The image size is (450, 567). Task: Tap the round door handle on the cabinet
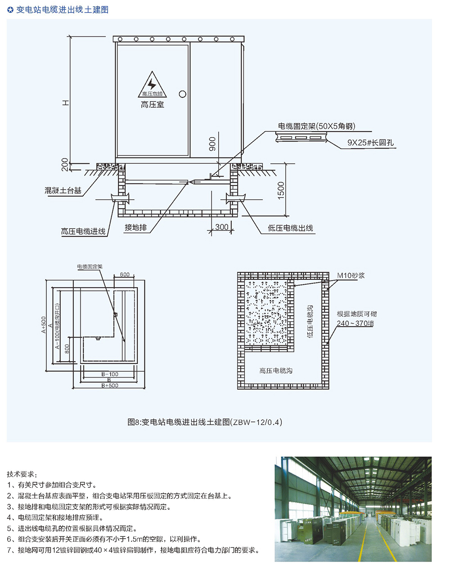182,94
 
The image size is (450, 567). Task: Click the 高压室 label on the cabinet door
152,105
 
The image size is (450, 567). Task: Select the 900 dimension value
212,144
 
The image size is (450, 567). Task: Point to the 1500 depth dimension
281,190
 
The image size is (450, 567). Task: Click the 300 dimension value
221,227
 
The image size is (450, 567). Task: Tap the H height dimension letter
65,103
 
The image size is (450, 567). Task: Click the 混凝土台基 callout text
63,190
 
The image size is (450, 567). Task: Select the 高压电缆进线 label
83,231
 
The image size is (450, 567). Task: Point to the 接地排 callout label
136,227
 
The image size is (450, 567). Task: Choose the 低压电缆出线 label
290,228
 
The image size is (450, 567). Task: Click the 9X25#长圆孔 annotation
370,143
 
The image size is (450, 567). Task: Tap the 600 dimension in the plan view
125,274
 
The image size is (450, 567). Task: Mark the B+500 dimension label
110,386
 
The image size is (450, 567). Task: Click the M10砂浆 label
351,275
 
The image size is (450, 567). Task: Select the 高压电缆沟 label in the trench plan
276,371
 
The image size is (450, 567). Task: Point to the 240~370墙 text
355,323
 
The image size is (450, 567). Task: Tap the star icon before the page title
10,10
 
